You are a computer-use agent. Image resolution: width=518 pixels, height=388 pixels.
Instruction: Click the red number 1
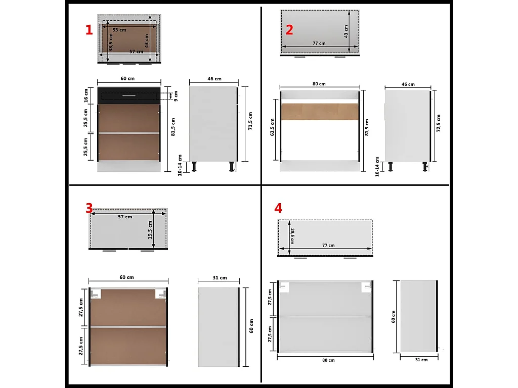pos(89,30)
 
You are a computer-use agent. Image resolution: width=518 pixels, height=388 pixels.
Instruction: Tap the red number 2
pos(289,30)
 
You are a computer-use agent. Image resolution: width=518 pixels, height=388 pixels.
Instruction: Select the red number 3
pos(89,208)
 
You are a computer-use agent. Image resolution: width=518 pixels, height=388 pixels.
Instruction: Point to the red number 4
pos(278,208)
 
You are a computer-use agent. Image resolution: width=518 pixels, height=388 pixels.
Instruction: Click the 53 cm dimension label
pos(119,30)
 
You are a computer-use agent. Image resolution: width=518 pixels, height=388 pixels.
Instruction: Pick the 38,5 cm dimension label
pos(111,42)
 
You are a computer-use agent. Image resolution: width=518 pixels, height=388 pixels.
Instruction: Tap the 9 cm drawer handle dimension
pos(176,96)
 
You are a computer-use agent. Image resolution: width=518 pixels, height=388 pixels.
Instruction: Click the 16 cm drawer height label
pos(86,95)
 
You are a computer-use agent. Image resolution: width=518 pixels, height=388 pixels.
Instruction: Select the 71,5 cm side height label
pos(250,121)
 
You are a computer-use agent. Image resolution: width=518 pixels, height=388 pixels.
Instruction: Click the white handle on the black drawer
pos(129,96)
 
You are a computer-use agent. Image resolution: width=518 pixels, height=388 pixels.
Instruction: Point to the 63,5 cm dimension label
pos(272,127)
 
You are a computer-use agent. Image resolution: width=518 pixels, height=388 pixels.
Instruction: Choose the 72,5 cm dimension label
pos(439,123)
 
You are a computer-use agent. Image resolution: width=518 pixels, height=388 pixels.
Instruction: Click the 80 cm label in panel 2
pos(319,84)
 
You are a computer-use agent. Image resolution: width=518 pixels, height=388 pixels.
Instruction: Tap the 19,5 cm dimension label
pos(150,230)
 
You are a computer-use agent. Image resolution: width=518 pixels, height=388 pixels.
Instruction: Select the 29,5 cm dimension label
pos(292,236)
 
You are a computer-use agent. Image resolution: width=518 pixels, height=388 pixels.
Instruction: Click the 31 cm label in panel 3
pos(220,278)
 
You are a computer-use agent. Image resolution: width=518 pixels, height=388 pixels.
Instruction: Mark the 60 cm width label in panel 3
pos(127,277)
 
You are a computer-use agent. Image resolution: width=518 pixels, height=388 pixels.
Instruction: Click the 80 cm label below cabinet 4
pos(328,360)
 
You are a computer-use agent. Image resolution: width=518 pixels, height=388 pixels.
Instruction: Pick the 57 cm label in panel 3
pos(125,217)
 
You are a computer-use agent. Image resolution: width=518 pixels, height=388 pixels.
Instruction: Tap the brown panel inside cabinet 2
pos(320,112)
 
